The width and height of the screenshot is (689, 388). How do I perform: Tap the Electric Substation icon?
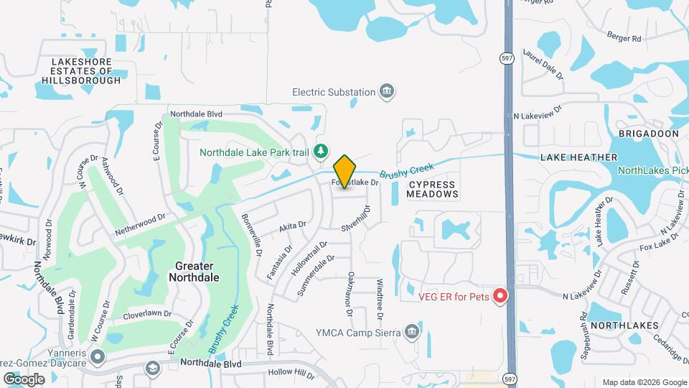coord(388,91)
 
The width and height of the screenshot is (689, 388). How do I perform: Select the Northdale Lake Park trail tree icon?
coord(322,151)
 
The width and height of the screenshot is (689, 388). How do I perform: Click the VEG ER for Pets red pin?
coord(502,296)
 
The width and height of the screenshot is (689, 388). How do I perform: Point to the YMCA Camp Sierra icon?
coord(411,331)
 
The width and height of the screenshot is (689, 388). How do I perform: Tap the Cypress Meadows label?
coord(433,189)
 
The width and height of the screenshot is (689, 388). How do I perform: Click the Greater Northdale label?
coord(197,271)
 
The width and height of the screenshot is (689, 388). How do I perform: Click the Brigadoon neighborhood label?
coord(648,134)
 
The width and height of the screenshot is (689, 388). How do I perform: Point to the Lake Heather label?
coord(578,157)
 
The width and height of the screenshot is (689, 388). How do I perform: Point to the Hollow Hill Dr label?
coord(291,373)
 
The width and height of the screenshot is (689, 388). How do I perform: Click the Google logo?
coord(24,379)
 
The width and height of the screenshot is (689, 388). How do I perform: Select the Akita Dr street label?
coord(292,228)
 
